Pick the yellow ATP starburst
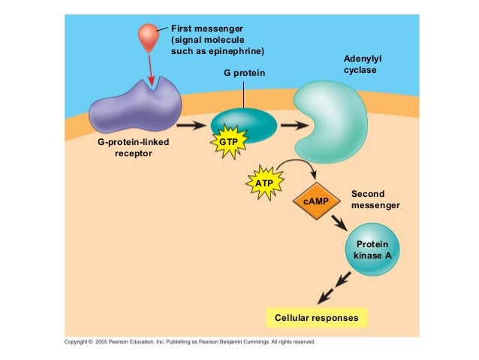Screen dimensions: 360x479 (x=264, y=183)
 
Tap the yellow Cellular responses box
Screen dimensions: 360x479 (x=317, y=319)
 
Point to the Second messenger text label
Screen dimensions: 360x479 (x=375, y=199)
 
